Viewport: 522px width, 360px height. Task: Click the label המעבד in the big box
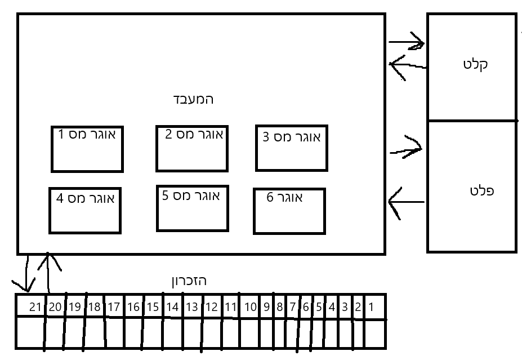pyautogui.click(x=193, y=100)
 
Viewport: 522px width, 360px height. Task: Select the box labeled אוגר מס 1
pyautogui.click(x=87, y=148)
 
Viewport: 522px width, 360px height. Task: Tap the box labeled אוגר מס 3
pyautogui.click(x=291, y=148)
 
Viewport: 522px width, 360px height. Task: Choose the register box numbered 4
pyautogui.click(x=85, y=210)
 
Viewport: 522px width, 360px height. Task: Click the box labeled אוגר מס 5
pyautogui.click(x=193, y=208)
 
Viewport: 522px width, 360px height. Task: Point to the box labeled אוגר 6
pyautogui.click(x=289, y=211)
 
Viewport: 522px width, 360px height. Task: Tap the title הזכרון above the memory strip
pyautogui.click(x=189, y=281)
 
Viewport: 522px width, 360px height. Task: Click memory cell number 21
pyautogui.click(x=35, y=307)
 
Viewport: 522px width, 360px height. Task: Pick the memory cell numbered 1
pyautogui.click(x=372, y=307)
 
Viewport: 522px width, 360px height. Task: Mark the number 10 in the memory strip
pyautogui.click(x=250, y=307)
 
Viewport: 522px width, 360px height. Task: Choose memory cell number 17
pyautogui.click(x=113, y=307)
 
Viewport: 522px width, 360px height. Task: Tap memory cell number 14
pyautogui.click(x=172, y=307)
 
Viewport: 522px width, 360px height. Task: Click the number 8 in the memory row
pyautogui.click(x=280, y=307)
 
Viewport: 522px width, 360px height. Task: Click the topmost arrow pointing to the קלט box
pyautogui.click(x=407, y=42)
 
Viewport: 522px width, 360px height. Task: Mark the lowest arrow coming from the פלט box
pyautogui.click(x=407, y=202)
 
